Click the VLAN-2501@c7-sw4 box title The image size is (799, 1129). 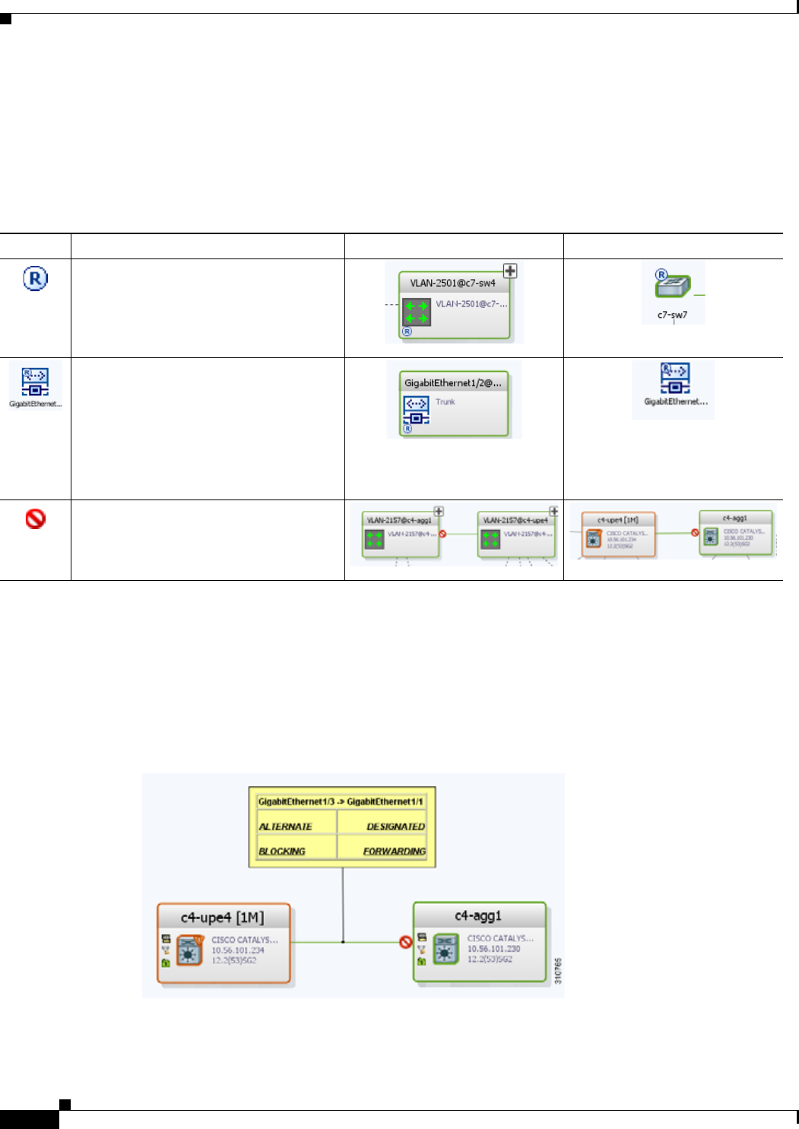click(452, 283)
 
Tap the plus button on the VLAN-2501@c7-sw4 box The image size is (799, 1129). click(510, 271)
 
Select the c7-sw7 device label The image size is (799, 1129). click(672, 315)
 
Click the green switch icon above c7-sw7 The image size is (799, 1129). click(673, 287)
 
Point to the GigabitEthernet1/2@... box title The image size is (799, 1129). click(452, 383)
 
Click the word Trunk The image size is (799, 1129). click(445, 401)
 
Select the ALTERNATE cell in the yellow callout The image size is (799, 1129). click(285, 826)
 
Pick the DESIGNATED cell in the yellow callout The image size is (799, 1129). click(395, 826)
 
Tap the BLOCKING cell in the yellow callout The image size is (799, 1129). click(282, 852)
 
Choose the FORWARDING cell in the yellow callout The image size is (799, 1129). click(394, 852)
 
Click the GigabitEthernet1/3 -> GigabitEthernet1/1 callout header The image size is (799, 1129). click(341, 801)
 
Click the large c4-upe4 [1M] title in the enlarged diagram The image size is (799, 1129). click(222, 918)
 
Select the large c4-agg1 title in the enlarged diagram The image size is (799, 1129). click(478, 916)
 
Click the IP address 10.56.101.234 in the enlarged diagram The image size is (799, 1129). click(237, 950)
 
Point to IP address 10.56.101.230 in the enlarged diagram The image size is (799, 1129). click(493, 949)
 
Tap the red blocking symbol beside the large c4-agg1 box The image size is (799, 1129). click(406, 942)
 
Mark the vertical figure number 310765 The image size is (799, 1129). click(558, 971)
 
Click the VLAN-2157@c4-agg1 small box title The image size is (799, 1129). click(398, 521)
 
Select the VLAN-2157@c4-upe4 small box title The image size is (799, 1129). click(515, 521)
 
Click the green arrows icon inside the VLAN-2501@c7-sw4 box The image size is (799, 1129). click(417, 312)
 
